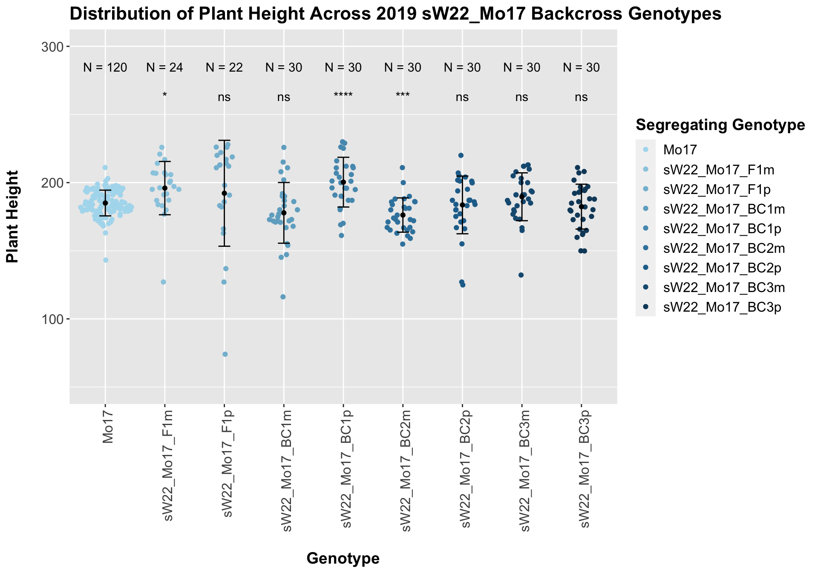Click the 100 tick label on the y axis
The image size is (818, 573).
pos(49,319)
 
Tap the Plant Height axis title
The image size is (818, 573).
pos(13,217)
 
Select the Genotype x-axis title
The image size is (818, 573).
pos(343,558)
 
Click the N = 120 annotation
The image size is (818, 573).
pos(105,67)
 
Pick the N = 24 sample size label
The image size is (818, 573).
pos(165,67)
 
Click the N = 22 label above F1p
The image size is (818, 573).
pos(224,67)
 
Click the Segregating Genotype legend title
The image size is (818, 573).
pos(720,125)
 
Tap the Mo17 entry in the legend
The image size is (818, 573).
pos(680,150)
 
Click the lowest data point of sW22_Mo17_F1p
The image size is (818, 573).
pos(225,354)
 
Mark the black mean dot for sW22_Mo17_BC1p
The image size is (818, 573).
pos(343,182)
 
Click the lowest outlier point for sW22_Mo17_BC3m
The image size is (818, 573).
pos(521,275)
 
